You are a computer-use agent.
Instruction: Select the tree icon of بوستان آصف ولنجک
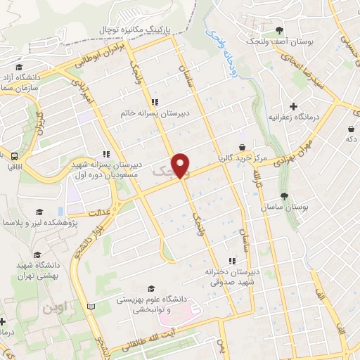click(x=280, y=30)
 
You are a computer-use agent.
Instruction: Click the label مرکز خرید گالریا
click(x=244, y=157)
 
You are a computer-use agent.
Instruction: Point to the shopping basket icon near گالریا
click(x=243, y=148)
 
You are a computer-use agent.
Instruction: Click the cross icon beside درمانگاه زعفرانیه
click(x=293, y=105)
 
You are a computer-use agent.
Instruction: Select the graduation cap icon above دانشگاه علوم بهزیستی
click(x=151, y=288)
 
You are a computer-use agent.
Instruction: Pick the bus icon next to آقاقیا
click(x=13, y=156)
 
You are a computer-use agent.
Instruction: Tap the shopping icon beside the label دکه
click(x=350, y=129)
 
